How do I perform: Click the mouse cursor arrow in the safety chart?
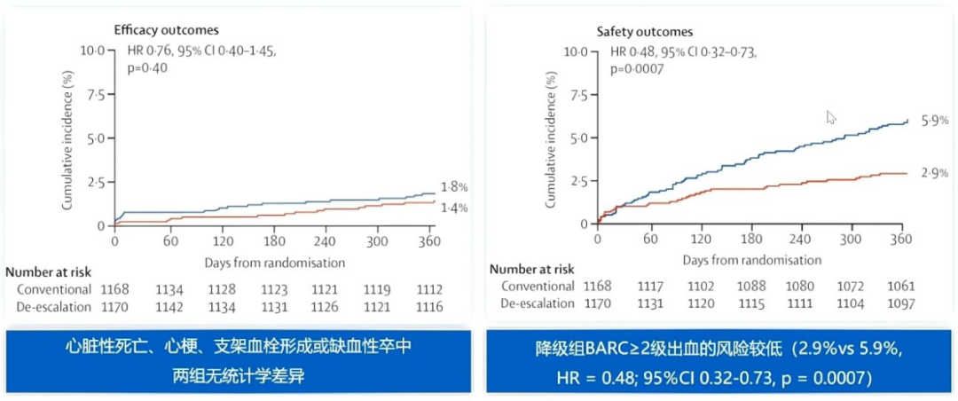(831, 117)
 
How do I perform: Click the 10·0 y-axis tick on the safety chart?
(576, 51)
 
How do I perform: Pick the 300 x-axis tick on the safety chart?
(852, 239)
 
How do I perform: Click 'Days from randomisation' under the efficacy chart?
(274, 263)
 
